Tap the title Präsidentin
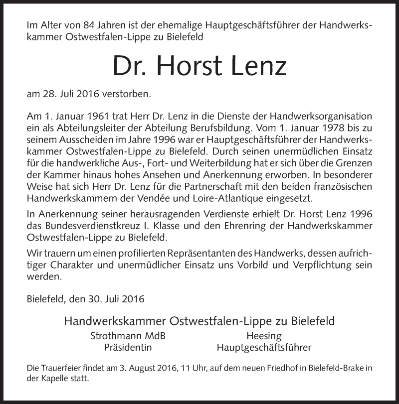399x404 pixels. (128, 347)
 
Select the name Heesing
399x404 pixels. (264, 336)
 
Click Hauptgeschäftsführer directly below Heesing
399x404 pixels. (264, 347)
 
